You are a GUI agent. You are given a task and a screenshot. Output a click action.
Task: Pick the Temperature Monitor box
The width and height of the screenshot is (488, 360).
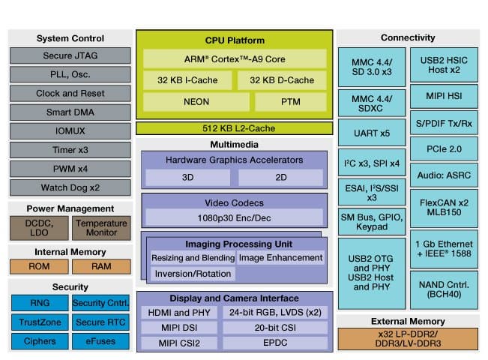pos(102,228)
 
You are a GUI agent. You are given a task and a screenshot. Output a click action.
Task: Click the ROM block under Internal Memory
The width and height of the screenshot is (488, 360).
pos(40,266)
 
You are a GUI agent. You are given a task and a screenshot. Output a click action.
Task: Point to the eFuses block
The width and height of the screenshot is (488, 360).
pos(102,341)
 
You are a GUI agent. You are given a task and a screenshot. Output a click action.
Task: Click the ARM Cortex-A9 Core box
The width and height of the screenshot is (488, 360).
pos(234,59)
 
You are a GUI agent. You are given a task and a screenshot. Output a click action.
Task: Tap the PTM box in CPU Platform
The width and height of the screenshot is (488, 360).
pos(290,102)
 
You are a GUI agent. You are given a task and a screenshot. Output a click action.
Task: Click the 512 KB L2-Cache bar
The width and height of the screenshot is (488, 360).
pos(234,127)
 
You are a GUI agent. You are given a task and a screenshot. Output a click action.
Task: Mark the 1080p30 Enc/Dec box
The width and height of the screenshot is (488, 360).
pos(234,217)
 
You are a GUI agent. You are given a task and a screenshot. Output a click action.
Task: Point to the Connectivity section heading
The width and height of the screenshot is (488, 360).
pos(408,37)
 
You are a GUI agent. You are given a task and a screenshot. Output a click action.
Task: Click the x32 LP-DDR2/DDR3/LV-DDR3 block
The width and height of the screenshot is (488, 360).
pos(408,338)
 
